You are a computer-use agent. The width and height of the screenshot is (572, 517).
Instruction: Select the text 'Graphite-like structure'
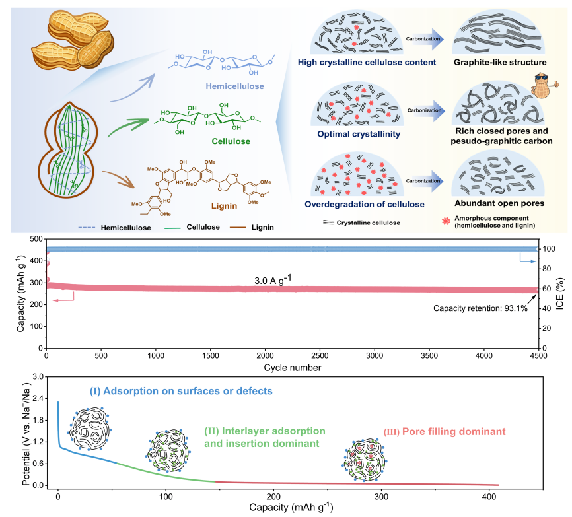pyautogui.click(x=499, y=63)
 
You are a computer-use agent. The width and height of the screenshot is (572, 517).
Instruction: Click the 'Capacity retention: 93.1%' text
pyautogui.click(x=480, y=308)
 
